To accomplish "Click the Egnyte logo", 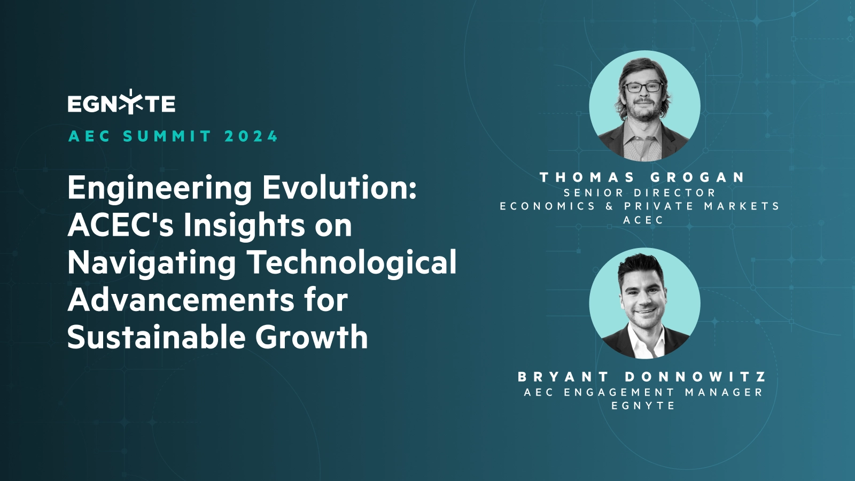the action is tap(121, 102).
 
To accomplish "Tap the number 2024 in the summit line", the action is tap(251, 136).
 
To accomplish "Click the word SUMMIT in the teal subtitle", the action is tap(167, 136).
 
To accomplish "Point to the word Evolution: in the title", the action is tap(339, 188).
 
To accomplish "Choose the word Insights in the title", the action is tap(245, 227).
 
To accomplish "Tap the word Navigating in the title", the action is tap(152, 264).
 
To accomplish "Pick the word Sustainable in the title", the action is tap(156, 337).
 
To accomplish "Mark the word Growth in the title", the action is tap(311, 337).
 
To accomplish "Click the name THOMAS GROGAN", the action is tap(642, 177).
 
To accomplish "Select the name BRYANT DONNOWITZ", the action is tap(642, 377).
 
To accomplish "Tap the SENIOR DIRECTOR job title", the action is tap(639, 193).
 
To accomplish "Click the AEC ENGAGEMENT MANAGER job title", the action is tap(643, 392).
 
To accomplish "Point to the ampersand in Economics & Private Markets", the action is tap(610, 206).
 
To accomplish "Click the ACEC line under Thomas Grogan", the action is tap(643, 220).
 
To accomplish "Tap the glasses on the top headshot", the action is tap(643, 87).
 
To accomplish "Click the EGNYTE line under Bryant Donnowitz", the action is tap(643, 406).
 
